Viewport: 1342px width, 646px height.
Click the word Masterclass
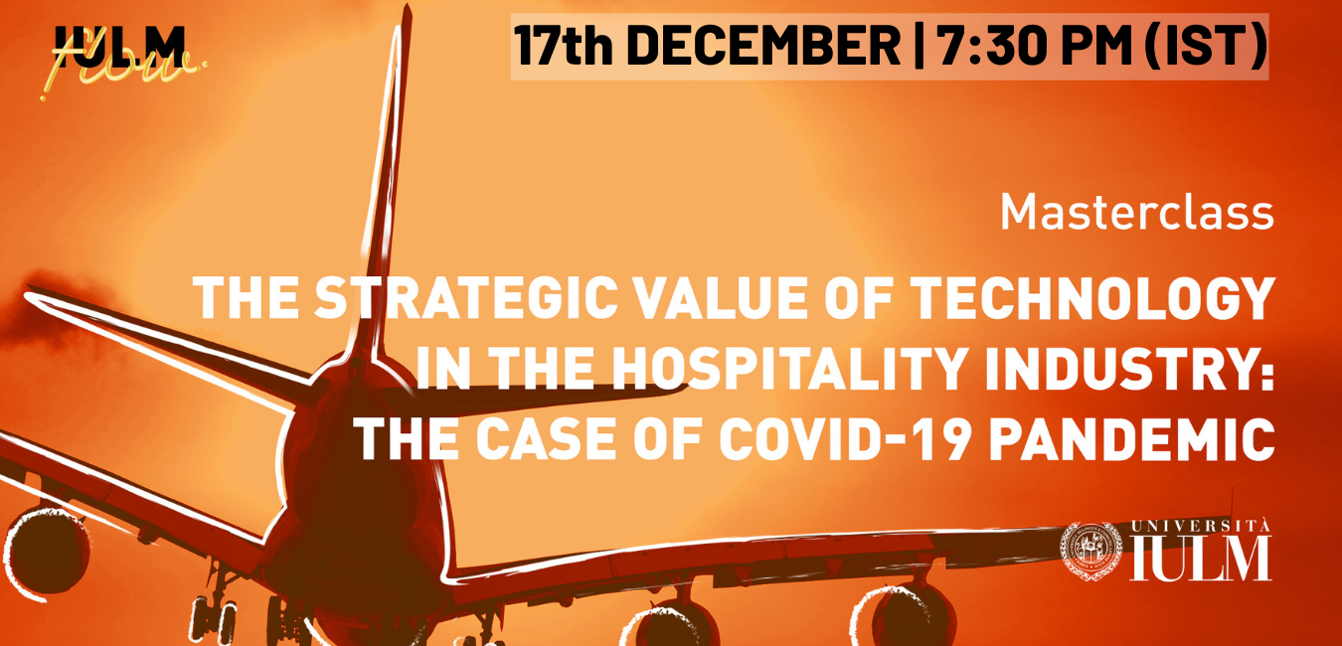1136,213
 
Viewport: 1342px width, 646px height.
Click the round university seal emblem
1090,552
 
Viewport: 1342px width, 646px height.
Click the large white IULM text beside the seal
1201,559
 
